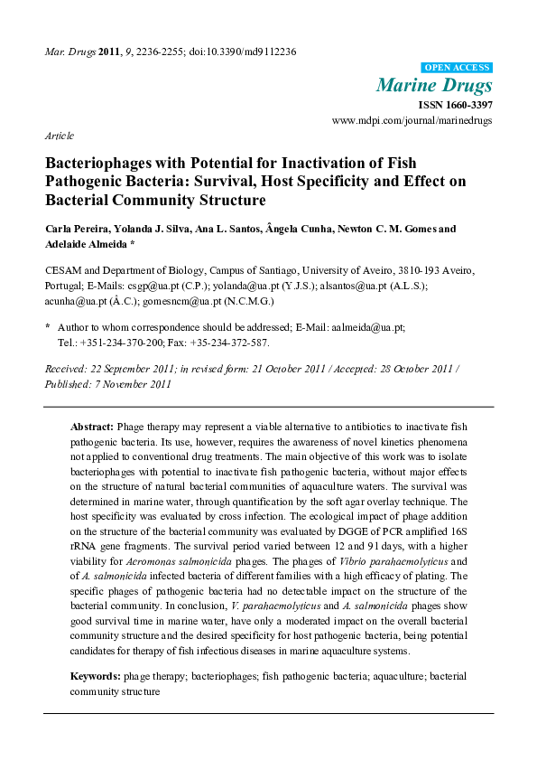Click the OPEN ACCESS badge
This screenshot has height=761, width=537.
458,68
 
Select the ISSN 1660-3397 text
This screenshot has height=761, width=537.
456,105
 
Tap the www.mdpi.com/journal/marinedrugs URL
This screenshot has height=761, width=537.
412,119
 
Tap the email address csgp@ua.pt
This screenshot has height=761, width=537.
137,285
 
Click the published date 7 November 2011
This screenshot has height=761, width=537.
132,384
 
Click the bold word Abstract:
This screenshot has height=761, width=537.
92,425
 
